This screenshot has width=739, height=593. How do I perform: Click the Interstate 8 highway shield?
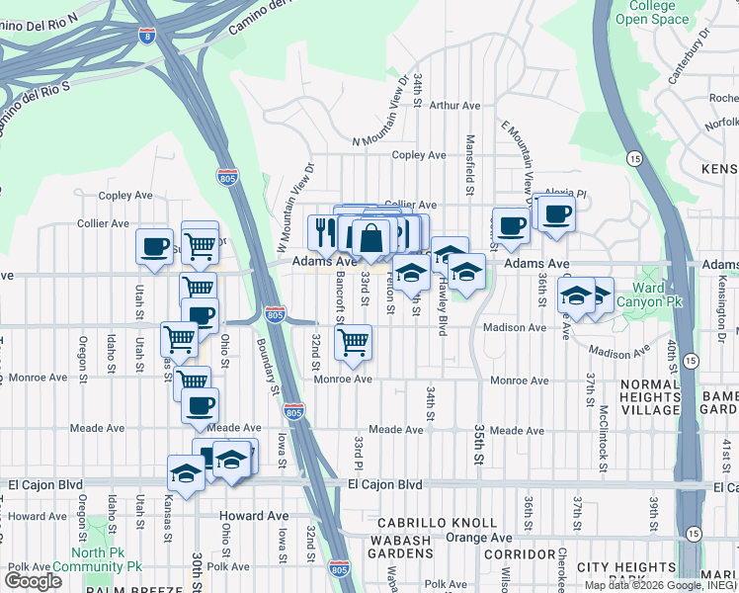point(147,38)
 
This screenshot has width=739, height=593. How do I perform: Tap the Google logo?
point(33,581)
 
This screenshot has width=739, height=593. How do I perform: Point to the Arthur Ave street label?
point(454,105)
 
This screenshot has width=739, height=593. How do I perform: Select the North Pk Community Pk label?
point(107,560)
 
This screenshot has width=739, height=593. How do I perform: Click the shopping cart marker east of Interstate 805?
point(354,343)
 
